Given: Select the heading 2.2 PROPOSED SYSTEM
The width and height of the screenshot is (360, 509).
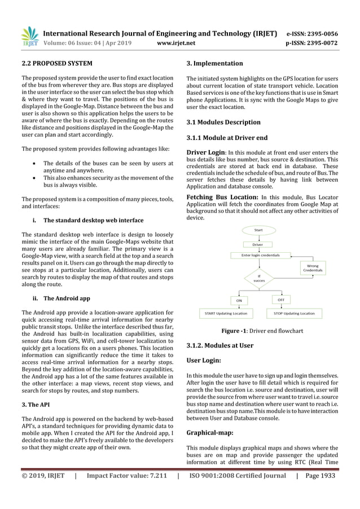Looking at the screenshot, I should point(53,63).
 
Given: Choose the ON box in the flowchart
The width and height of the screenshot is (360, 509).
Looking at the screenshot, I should point(239,300).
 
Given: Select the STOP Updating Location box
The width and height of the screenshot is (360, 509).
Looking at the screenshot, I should point(294,313).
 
